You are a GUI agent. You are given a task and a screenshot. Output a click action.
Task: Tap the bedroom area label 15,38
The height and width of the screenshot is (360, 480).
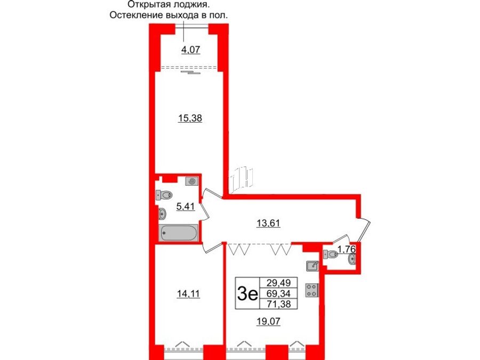tap(189, 118)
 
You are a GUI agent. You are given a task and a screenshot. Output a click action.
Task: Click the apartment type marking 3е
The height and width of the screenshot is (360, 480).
tap(247, 293)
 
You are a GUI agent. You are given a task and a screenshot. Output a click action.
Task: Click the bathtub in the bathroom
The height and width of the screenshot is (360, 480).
tap(178, 233)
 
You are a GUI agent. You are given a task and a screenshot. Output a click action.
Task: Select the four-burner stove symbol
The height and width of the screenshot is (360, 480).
tap(311, 290)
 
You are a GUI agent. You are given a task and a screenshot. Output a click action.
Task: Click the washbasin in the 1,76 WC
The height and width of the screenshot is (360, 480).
tap(352, 260)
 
